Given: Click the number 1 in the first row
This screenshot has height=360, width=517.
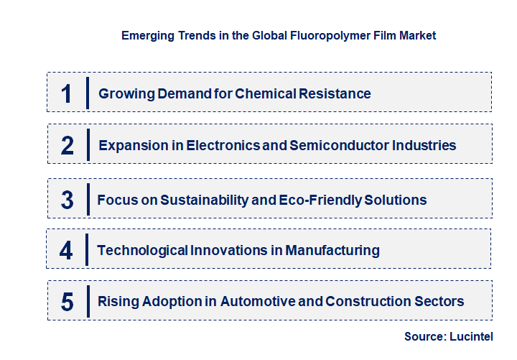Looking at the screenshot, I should click(66, 93).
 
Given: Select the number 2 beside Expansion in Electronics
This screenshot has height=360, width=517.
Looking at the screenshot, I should click(67, 145).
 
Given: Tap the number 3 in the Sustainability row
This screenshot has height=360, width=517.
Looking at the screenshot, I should click(67, 200).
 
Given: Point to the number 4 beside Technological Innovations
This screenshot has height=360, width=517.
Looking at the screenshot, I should click(66, 251).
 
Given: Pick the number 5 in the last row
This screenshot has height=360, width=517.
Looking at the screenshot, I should click(67, 301).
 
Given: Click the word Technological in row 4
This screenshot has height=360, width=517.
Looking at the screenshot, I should click(142, 251).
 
